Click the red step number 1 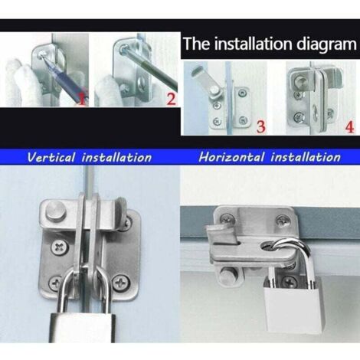click(x=82, y=99)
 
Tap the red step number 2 click(x=172, y=99)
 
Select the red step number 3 click(x=260, y=126)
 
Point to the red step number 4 click(x=350, y=127)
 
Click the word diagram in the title click(x=326, y=44)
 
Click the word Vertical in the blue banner click(x=51, y=157)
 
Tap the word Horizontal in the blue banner click(x=231, y=157)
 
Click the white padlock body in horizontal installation click(x=293, y=306)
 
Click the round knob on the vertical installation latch click(x=55, y=213)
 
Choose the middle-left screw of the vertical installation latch click(x=61, y=247)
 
